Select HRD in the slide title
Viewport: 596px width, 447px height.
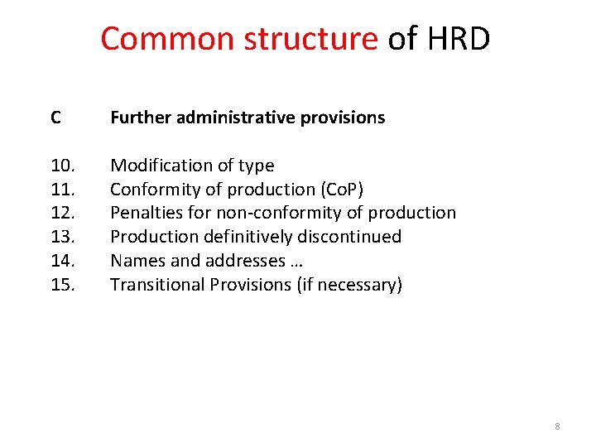tap(459, 39)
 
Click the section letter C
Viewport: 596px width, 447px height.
tap(55, 118)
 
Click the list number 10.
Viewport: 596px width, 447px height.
tap(62, 166)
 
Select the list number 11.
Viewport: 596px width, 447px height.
tap(62, 190)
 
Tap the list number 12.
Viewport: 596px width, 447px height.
tap(62, 213)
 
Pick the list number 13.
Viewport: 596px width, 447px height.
tap(62, 237)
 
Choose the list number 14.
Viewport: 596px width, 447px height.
tap(62, 261)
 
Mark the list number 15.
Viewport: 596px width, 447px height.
tap(62, 285)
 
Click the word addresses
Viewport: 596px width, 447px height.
tap(236, 261)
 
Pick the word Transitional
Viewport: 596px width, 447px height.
tap(158, 285)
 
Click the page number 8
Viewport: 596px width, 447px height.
tap(557, 426)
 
